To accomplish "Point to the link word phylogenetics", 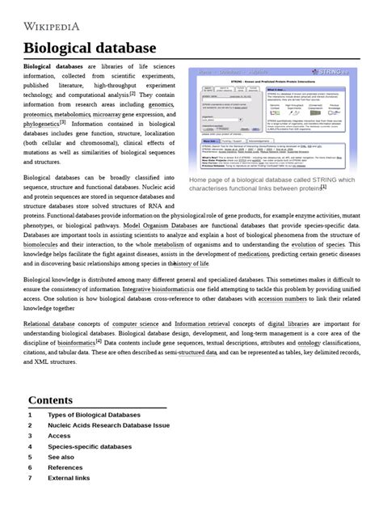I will coord(40,125).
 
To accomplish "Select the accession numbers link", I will coord(282,298).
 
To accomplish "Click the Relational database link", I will coord(49,323).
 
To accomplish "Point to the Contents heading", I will coord(50,400).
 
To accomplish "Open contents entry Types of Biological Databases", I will coord(94,416).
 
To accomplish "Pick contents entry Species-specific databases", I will coord(89,446).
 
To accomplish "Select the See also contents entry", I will coord(61,457).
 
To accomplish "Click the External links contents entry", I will coord(69,478).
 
